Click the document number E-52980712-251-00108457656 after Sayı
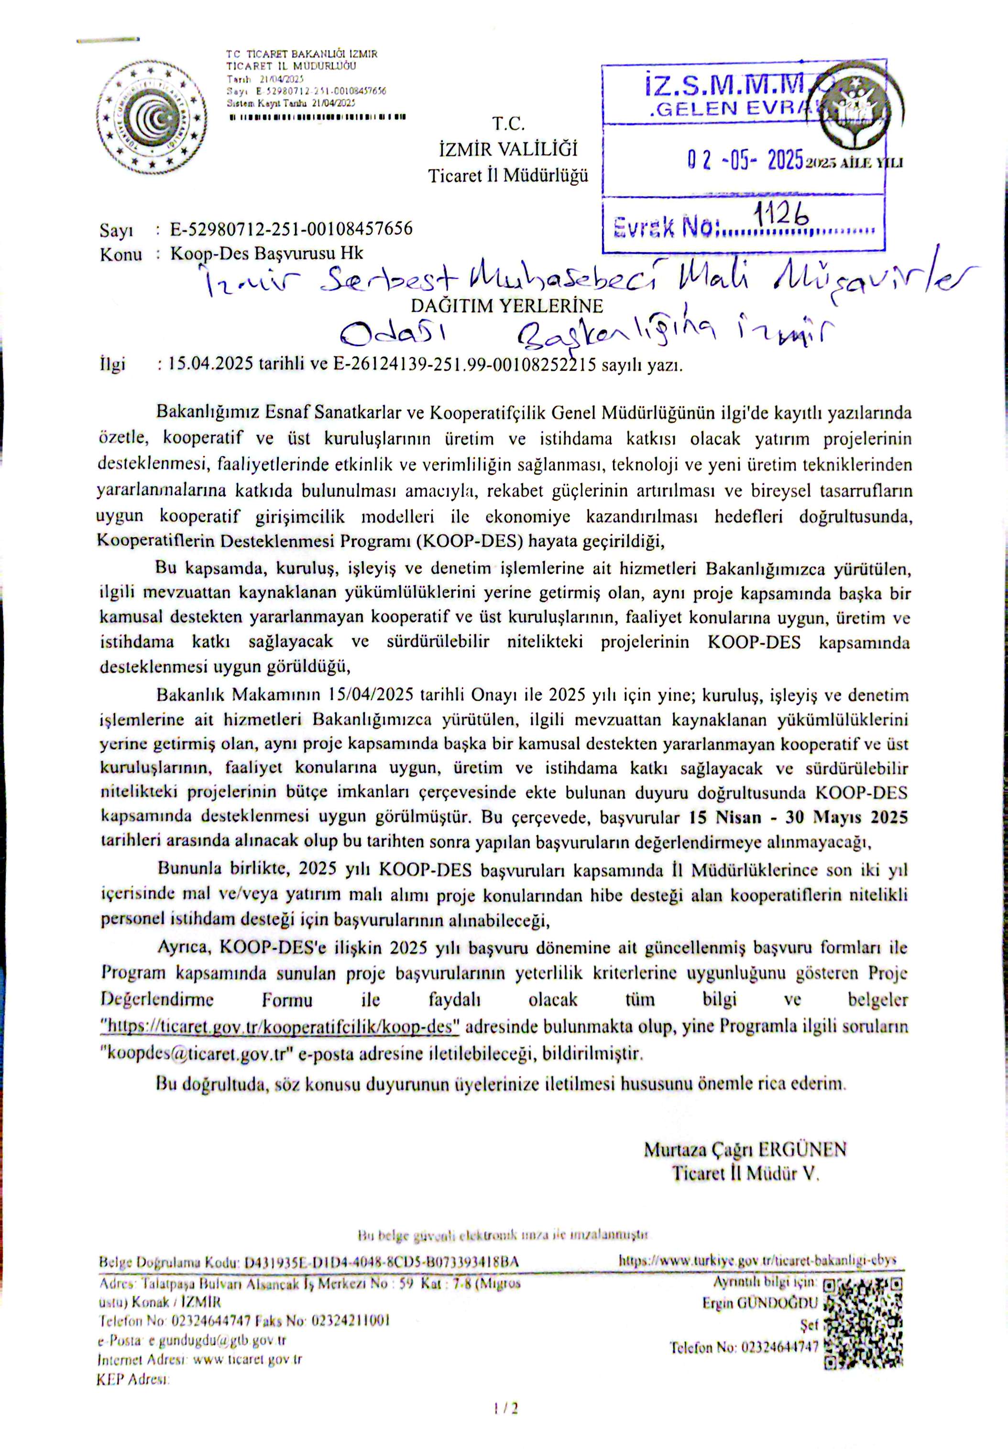(291, 229)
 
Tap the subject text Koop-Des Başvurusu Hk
(267, 254)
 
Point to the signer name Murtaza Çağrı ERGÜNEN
(745, 1149)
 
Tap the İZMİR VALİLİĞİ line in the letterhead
(508, 150)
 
